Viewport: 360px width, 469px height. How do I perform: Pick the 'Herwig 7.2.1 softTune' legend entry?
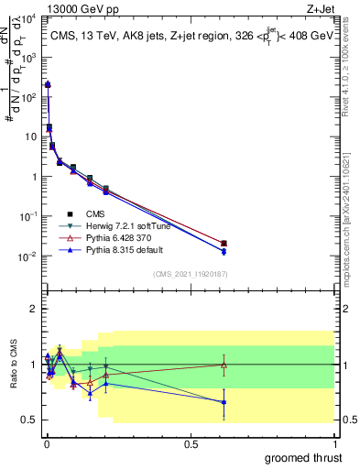[128, 225]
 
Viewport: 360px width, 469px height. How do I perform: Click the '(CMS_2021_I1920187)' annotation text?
[190, 273]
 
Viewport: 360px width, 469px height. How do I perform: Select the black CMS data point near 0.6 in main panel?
[224, 244]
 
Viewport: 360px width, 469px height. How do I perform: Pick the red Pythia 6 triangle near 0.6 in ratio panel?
[224, 365]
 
